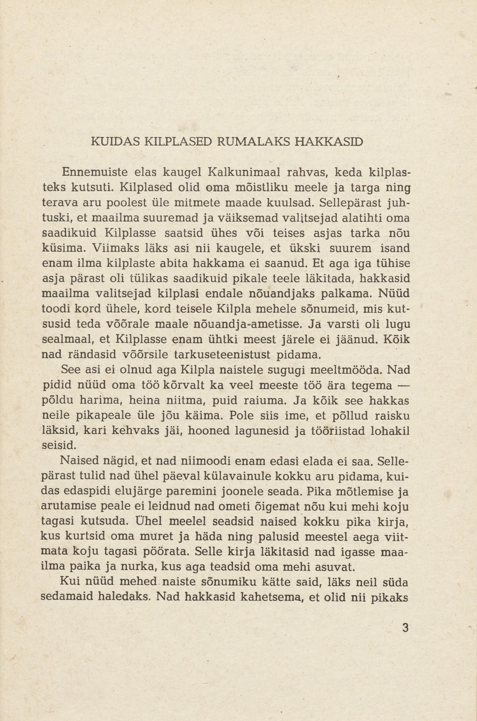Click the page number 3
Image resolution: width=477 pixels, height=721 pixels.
coord(405,627)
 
